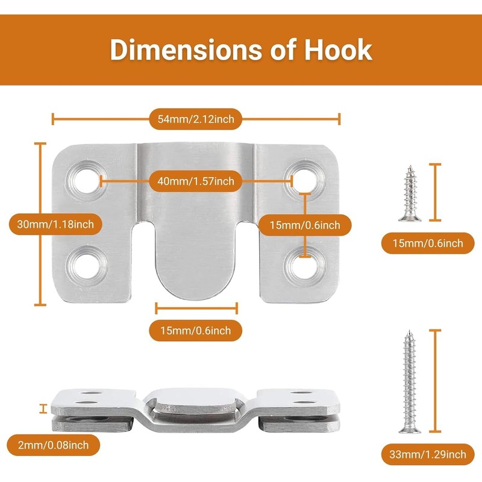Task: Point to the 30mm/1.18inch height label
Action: pyautogui.click(x=55, y=225)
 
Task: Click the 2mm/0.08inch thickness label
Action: pyautogui.click(x=54, y=445)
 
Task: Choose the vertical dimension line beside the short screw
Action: pyautogui.click(x=436, y=192)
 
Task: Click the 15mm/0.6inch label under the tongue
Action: pyautogui.click(x=196, y=330)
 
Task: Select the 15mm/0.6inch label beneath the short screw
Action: pyautogui.click(x=428, y=243)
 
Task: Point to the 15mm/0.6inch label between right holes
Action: pyautogui.click(x=305, y=225)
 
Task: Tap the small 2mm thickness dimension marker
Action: pyautogui.click(x=42, y=409)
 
